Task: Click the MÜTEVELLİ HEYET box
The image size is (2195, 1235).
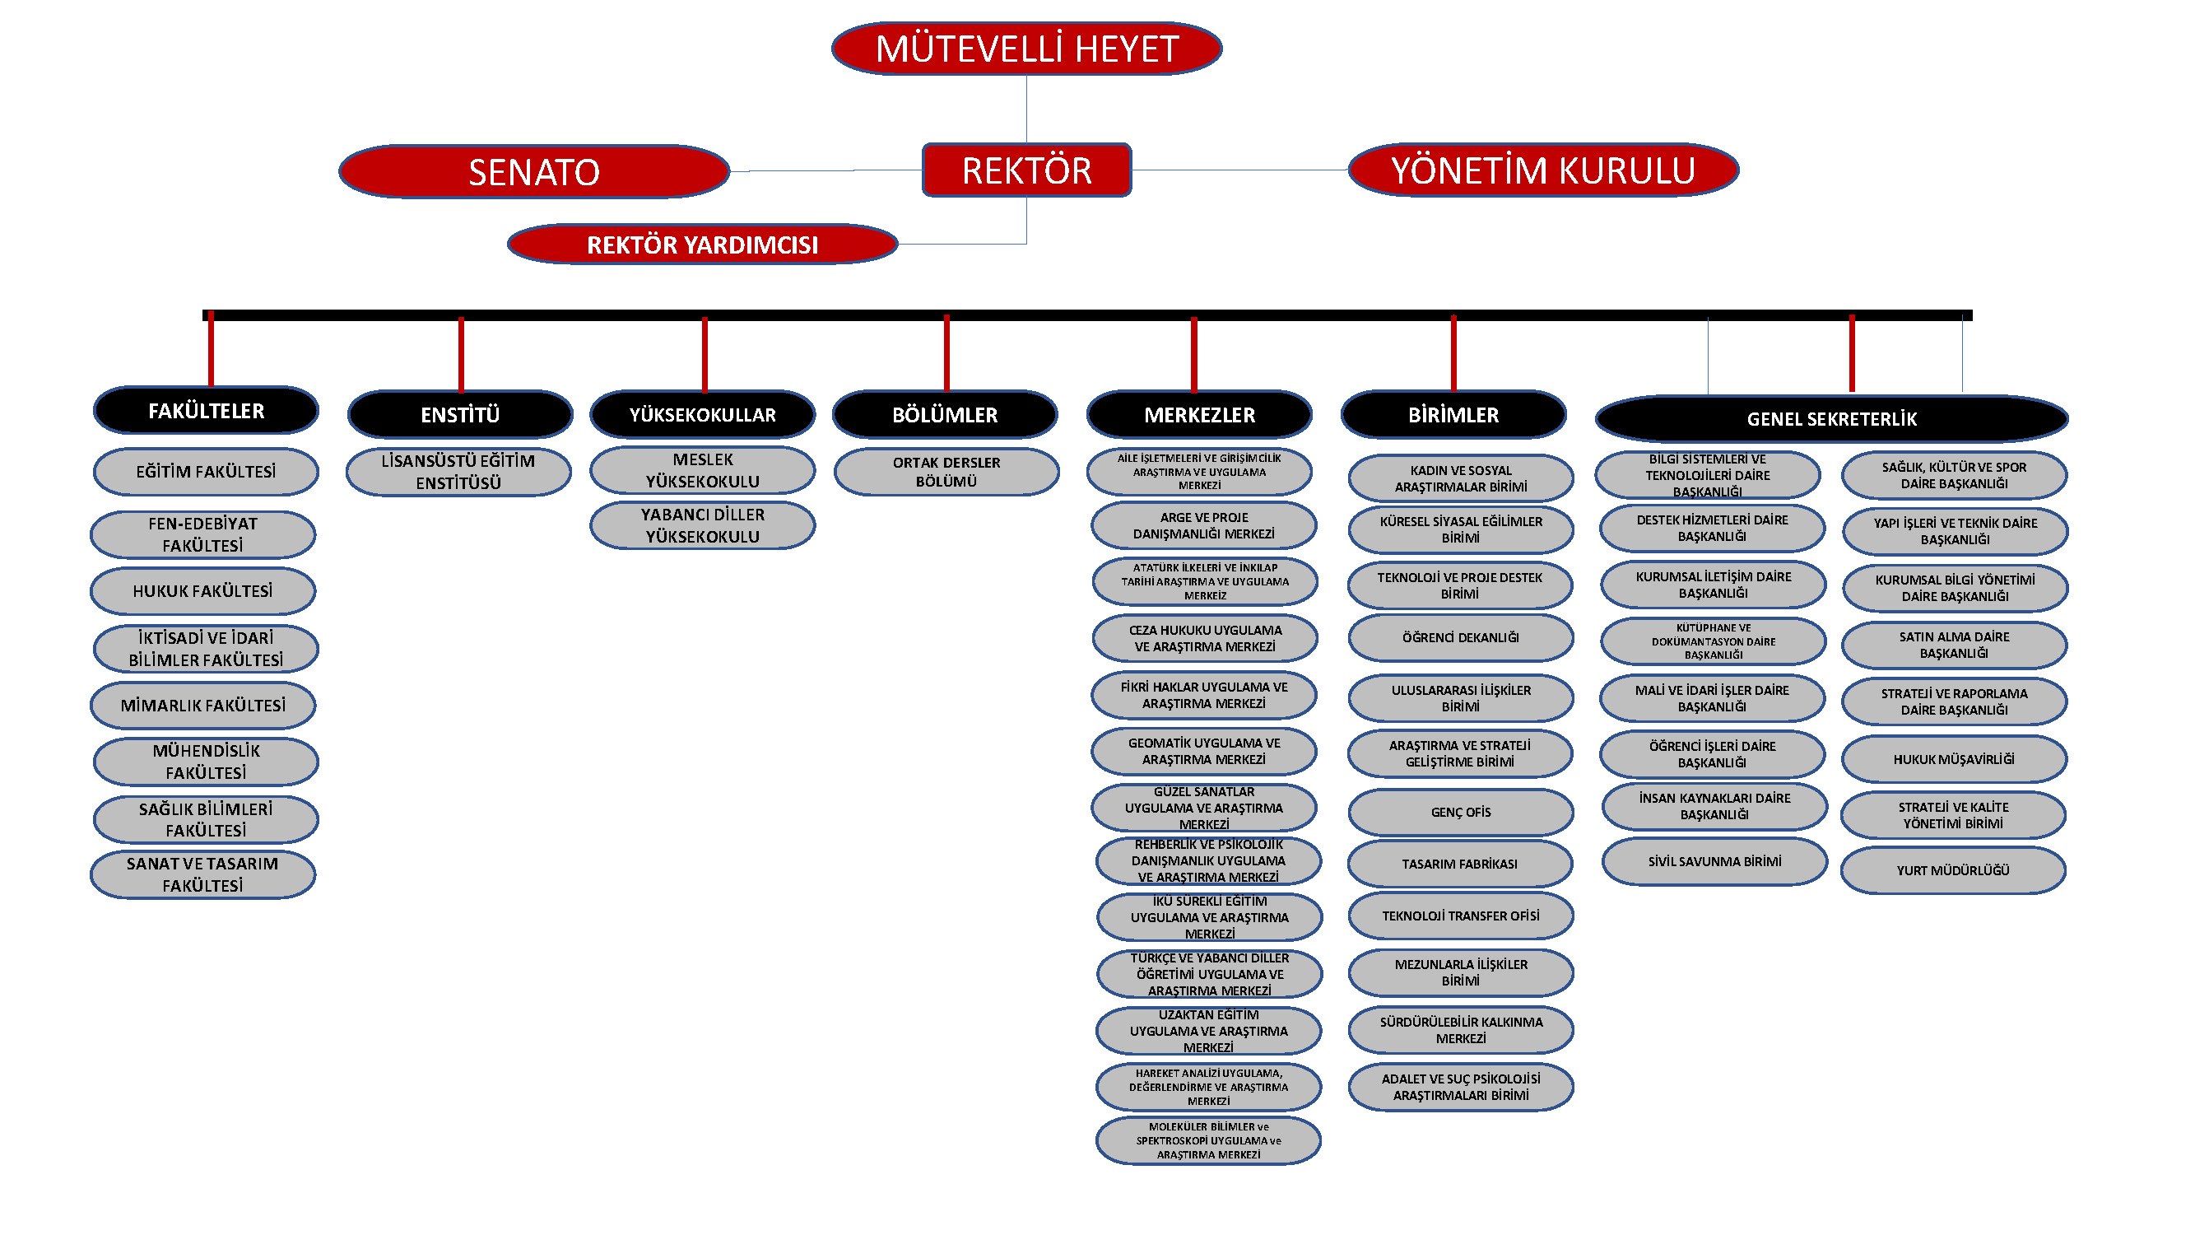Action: (x=1026, y=49)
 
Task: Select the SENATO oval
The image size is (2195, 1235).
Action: (x=534, y=172)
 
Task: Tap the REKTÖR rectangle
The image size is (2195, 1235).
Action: (x=1026, y=170)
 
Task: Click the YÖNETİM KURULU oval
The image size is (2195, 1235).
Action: (x=1542, y=170)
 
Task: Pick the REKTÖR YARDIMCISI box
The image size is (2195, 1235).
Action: (x=702, y=245)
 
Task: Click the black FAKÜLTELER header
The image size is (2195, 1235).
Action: (x=207, y=411)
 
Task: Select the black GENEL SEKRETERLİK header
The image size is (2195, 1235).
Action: (x=1831, y=418)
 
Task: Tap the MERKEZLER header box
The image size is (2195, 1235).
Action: (x=1199, y=415)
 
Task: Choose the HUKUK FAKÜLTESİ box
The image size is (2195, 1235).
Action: (x=202, y=590)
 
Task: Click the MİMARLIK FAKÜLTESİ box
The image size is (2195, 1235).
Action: (x=202, y=705)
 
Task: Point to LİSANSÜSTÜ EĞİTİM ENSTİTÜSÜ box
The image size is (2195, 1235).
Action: (x=458, y=471)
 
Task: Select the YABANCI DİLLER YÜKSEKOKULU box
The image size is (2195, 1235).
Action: (x=702, y=525)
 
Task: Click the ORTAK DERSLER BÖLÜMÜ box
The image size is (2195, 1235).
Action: (x=946, y=471)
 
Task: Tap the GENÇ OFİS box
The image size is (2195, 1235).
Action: (x=1461, y=813)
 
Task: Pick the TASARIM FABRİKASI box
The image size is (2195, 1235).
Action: (x=1460, y=864)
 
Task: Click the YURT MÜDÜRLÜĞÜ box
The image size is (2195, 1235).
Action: (x=1953, y=870)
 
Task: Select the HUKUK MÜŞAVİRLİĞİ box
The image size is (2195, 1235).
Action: (x=1954, y=758)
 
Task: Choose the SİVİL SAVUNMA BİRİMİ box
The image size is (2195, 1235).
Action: (x=1714, y=861)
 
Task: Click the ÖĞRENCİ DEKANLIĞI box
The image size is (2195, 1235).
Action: (x=1461, y=637)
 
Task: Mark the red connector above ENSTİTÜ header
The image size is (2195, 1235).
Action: (x=461, y=354)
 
